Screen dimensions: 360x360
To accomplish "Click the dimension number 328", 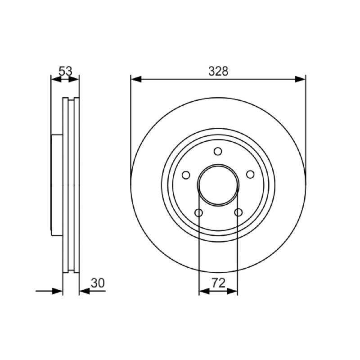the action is pyautogui.click(x=218, y=71).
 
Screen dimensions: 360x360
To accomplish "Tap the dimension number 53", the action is pyautogui.click(x=65, y=71).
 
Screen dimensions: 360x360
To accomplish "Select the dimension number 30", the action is pyautogui.click(x=98, y=283).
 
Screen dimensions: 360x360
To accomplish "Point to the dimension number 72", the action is pyautogui.click(x=218, y=283).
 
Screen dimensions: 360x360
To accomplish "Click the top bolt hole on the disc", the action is pyautogui.click(x=218, y=152).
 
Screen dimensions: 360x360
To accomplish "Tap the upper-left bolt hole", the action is pyautogui.click(x=186, y=175).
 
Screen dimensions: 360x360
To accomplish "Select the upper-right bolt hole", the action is pyautogui.click(x=250, y=175).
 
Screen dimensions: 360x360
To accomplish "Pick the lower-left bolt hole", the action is pyautogui.click(x=198, y=213).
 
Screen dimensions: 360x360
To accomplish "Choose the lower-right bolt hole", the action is pyautogui.click(x=238, y=212).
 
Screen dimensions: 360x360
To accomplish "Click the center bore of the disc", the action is pyautogui.click(x=218, y=185).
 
